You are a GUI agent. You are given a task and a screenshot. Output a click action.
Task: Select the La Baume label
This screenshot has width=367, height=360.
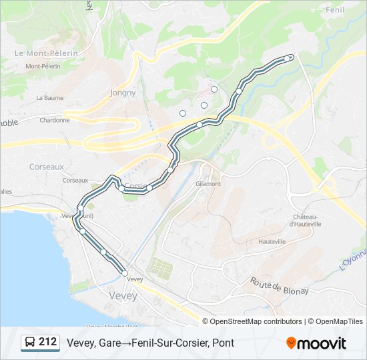tap(49, 97)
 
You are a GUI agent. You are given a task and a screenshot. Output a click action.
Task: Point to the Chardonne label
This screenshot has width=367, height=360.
tap(55, 121)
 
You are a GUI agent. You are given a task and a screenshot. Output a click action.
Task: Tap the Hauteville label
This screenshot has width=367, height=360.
tap(272, 241)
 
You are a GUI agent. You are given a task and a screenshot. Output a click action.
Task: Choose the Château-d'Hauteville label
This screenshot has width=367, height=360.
tap(307, 221)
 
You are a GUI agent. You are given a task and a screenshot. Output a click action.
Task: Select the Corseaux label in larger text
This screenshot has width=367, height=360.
tap(47, 167)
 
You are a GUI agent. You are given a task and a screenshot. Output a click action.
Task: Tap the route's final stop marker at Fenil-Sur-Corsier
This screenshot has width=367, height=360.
tap(288, 59)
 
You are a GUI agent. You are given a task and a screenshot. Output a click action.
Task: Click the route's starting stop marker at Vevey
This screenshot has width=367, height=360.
tap(125, 273)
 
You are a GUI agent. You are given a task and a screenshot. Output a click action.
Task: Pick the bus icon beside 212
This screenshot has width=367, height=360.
tap(29, 343)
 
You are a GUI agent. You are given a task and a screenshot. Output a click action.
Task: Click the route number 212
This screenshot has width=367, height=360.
tap(48, 342)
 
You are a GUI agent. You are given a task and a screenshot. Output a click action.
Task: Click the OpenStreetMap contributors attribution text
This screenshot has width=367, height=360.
tap(256, 321)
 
